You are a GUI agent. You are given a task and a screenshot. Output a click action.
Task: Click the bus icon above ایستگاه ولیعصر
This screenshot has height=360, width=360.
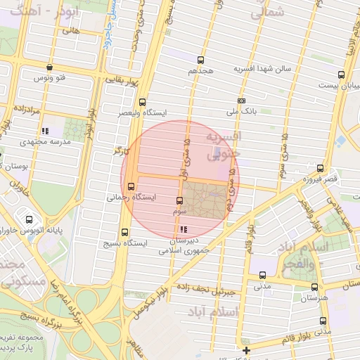tap(143, 101)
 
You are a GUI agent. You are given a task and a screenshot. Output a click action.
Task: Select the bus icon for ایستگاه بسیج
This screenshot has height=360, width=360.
tap(125, 233)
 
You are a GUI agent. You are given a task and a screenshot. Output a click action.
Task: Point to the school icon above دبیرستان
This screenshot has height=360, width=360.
tap(184, 229)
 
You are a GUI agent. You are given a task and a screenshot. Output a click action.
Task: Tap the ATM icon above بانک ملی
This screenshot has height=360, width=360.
tap(242, 101)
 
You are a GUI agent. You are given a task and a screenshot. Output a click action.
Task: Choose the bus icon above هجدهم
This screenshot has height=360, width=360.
tap(201, 60)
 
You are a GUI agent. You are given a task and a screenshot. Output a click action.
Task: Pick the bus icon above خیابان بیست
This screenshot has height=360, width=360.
tap(341, 74)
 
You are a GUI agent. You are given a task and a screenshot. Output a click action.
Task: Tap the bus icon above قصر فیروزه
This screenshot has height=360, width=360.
tap(321, 168)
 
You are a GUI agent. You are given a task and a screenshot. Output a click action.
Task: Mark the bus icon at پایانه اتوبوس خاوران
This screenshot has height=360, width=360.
tap(29, 219)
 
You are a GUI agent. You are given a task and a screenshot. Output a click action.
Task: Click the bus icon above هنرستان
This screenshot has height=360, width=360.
tap(314, 287)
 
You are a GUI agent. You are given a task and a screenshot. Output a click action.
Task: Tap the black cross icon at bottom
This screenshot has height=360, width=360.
tap(245, 350)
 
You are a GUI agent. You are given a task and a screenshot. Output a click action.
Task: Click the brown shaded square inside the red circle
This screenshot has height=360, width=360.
tap(205, 198)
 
